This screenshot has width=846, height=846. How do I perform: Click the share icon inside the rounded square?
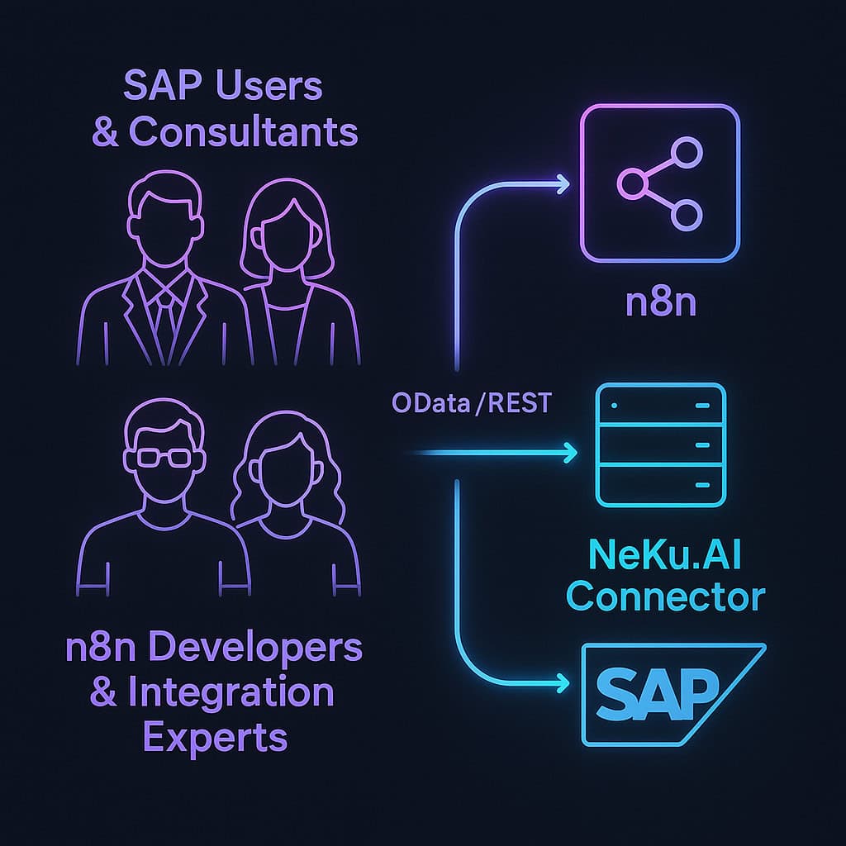coord(660,183)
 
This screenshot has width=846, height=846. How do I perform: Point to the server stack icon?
coord(660,446)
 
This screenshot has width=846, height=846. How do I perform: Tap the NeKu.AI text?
coord(666,554)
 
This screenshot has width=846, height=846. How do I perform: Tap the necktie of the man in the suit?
coord(164,318)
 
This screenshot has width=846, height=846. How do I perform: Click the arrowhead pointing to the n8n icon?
coord(563,183)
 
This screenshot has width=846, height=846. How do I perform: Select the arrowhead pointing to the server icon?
coord(570,453)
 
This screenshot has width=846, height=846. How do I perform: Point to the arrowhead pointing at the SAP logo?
coord(563,683)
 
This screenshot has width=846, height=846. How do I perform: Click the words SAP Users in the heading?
coord(223,86)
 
